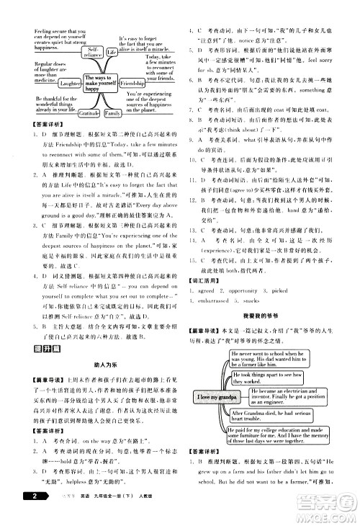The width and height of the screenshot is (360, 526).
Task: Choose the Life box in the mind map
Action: [112, 53]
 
